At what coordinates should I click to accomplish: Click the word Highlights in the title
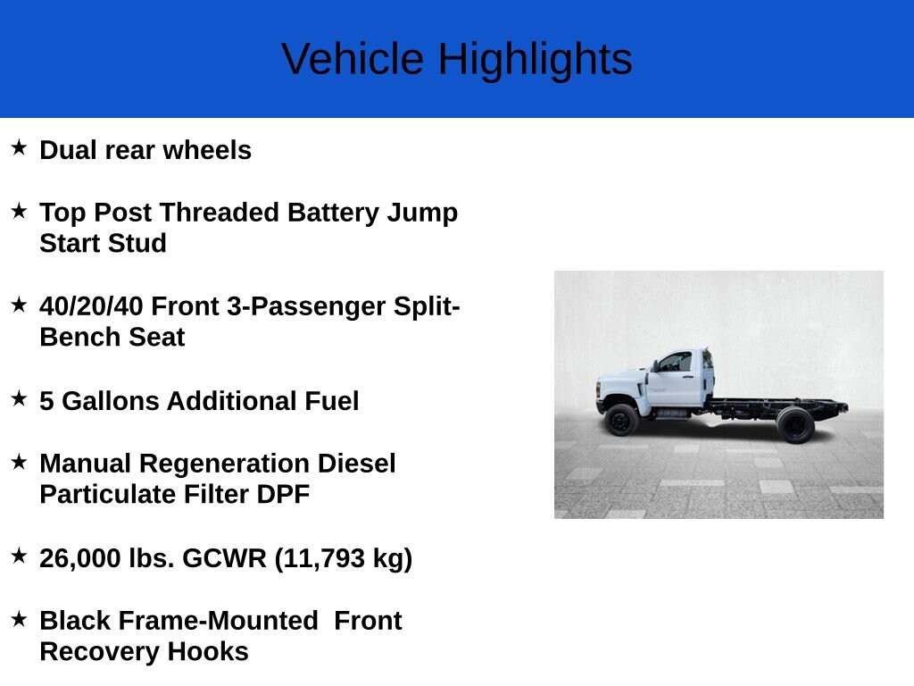(535, 60)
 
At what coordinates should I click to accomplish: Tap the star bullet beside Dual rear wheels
(19, 147)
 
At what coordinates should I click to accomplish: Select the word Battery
(333, 213)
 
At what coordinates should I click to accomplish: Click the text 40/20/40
(92, 306)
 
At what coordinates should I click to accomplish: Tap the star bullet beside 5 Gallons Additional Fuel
(19, 398)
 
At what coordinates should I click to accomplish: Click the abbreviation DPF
(283, 495)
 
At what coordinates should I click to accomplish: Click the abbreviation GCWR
(224, 558)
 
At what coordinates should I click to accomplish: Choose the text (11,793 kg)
(344, 559)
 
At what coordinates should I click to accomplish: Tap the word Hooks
(207, 651)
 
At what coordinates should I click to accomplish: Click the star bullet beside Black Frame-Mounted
(19, 618)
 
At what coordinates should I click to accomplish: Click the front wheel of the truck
(621, 420)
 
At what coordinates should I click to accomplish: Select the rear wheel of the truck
(795, 424)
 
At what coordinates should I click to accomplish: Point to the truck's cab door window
(676, 362)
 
